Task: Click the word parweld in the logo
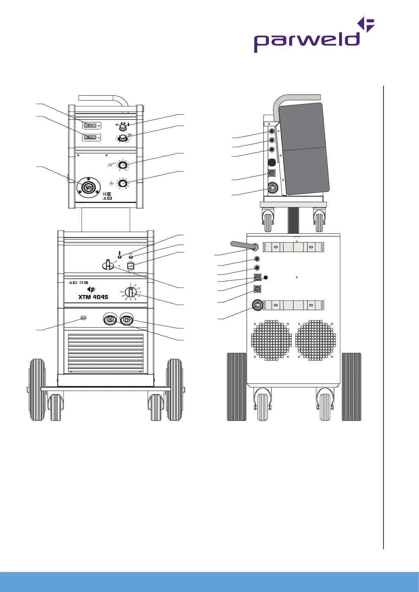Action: click(307, 41)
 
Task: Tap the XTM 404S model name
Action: click(93, 297)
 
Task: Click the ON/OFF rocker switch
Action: click(131, 266)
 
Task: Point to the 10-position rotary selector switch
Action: click(131, 292)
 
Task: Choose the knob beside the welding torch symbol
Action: click(122, 165)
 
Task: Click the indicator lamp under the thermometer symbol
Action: click(120, 258)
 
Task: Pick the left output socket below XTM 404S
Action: click(110, 320)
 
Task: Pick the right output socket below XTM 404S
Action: click(126, 320)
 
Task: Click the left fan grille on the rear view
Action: click(271, 340)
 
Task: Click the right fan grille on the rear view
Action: click(316, 340)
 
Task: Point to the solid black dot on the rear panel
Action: click(266, 277)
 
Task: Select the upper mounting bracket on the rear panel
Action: click(293, 247)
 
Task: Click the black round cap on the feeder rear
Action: click(272, 162)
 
